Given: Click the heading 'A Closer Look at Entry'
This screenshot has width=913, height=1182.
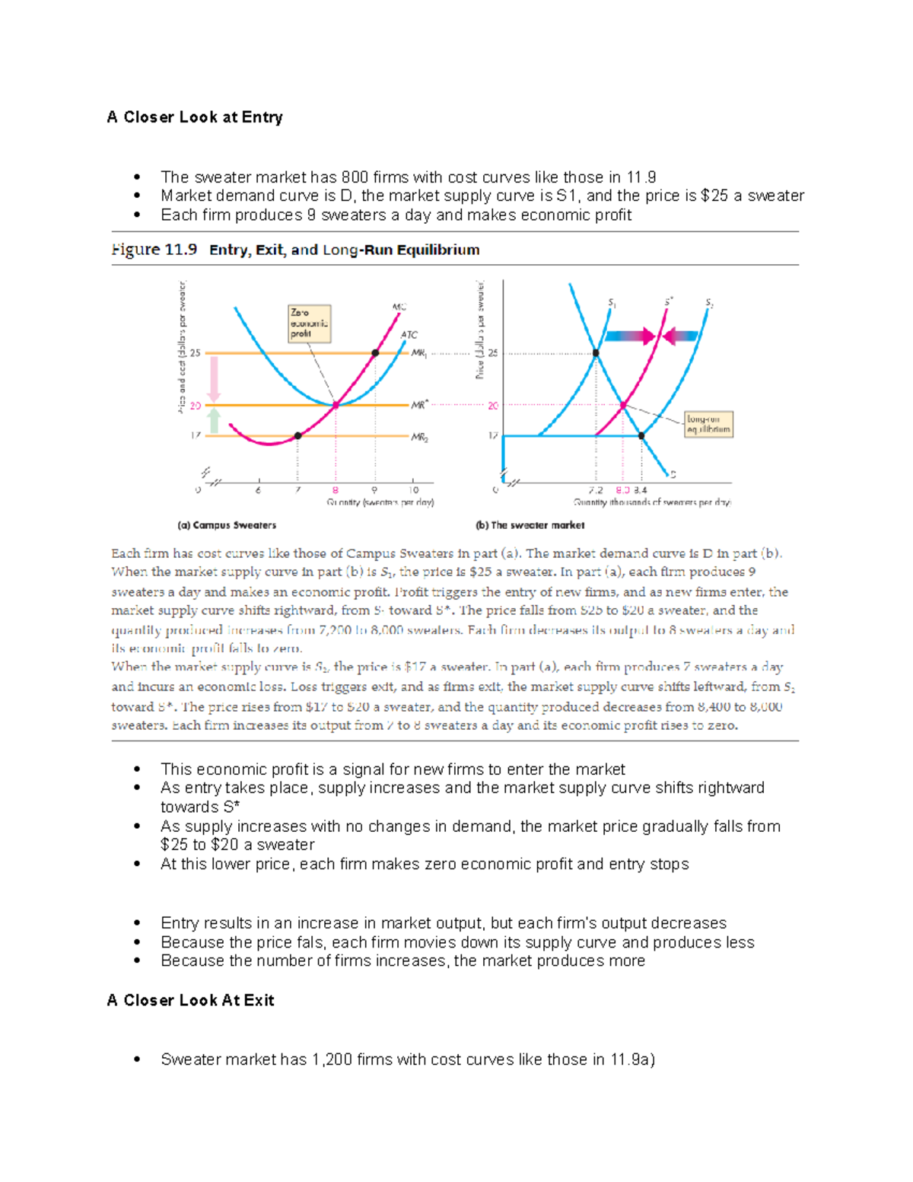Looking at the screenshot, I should pos(195,117).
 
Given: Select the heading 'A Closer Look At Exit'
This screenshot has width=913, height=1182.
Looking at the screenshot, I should pos(190,1000).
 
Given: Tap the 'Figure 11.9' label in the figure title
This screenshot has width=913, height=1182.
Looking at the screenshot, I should pos(154,250).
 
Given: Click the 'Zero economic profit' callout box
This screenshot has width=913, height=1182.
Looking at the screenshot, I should pos(309,323).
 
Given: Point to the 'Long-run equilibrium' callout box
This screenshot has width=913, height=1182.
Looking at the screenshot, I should pos(708,424).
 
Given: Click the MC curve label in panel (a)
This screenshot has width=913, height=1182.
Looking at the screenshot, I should pos(399,307).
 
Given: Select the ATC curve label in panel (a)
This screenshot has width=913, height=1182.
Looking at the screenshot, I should pos(409,335).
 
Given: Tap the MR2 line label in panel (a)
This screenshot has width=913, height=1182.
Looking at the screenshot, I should pos(419,438).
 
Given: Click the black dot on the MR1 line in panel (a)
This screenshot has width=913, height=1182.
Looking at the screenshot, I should pos(375,353).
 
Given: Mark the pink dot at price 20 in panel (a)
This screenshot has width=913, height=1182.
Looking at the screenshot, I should pos(336,406).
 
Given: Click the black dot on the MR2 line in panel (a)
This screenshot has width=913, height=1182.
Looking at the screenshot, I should pos(297,436).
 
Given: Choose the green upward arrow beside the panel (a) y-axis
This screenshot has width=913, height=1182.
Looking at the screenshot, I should pos(215,421).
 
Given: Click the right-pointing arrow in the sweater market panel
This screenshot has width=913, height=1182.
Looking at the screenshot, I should pos(630,336).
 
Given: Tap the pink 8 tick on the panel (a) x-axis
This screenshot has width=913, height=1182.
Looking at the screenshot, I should pos(335,490).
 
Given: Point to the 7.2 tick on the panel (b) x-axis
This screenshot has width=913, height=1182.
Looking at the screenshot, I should pos(595,490).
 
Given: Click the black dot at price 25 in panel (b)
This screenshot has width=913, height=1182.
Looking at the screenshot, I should pos(596,353).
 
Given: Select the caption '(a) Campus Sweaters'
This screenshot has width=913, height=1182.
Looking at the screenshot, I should pos(227,525).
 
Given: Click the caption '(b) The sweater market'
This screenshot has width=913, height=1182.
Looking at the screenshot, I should pos(530,525).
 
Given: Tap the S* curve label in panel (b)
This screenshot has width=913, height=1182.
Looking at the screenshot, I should pos(669,302).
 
